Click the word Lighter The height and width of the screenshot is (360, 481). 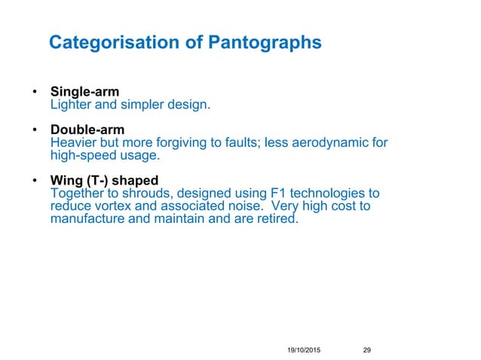[70, 105]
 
